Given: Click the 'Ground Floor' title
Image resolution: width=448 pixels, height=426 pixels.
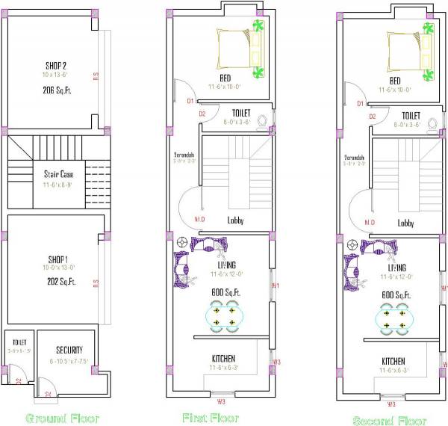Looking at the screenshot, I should pyautogui.click(x=62, y=418).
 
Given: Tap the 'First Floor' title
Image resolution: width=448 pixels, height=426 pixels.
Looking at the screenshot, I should pyautogui.click(x=211, y=416).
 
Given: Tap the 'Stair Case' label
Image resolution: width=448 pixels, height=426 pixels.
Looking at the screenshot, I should pyautogui.click(x=58, y=174).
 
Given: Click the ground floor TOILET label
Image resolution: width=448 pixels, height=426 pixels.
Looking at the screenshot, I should pyautogui.click(x=19, y=342).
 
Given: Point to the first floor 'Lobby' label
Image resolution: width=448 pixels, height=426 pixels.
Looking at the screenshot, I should pyautogui.click(x=236, y=220).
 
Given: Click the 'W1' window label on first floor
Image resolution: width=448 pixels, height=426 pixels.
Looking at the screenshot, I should pyautogui.click(x=275, y=285).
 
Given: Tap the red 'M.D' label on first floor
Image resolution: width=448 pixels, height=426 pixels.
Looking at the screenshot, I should pyautogui.click(x=199, y=219).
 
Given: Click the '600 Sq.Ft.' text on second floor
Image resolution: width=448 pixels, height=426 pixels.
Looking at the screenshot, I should pyautogui.click(x=393, y=295).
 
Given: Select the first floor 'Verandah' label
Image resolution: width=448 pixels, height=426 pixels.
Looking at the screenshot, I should pyautogui.click(x=184, y=155).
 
